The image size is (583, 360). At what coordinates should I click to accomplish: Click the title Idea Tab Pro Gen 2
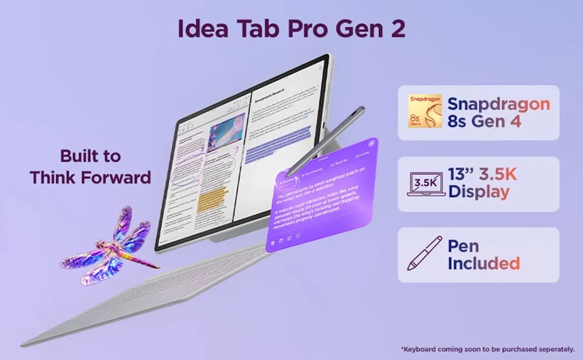click(x=291, y=30)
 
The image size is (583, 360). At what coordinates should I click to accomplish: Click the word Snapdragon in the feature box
click(x=498, y=104)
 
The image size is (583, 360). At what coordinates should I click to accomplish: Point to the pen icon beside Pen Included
click(x=421, y=254)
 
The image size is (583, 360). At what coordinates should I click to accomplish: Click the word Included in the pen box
click(x=484, y=263)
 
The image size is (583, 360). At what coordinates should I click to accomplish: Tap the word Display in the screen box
click(x=479, y=192)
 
